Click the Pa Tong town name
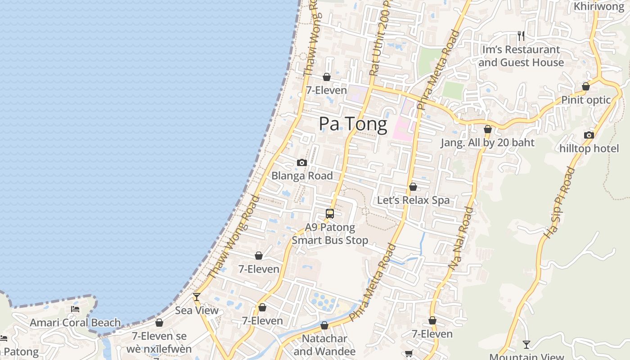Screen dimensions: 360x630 353,124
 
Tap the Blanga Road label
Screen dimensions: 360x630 302,176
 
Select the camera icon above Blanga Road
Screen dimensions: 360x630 302,162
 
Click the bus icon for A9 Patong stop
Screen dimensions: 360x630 330,214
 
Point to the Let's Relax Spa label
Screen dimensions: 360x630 413,200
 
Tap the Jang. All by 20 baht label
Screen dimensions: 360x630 487,143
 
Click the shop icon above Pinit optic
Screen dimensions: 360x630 586,86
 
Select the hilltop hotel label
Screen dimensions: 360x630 589,148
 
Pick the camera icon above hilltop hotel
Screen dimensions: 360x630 589,135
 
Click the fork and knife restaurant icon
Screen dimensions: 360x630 521,36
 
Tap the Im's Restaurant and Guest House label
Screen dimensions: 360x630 521,56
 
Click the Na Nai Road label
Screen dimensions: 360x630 462,238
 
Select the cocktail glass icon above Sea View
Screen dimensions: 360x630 197,297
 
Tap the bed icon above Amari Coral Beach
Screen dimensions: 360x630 75,309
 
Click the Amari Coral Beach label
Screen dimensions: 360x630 75,323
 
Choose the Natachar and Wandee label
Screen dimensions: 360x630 324,345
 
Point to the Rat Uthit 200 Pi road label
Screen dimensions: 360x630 381,38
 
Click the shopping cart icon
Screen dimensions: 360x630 409,354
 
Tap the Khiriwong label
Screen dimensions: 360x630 599,7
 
